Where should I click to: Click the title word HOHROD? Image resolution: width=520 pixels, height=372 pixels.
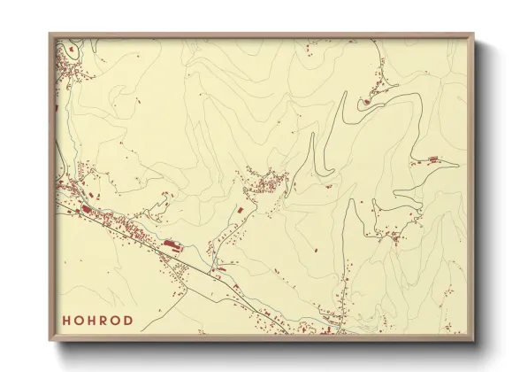97,321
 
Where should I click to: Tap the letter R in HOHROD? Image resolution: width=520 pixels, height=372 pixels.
103,321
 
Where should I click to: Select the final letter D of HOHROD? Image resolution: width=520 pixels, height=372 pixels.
129,321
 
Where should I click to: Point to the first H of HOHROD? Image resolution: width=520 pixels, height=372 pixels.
65,321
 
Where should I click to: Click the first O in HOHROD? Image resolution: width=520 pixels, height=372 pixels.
78,321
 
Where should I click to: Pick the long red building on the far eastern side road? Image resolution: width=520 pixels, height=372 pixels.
433,159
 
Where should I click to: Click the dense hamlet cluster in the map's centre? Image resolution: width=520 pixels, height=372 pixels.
265,184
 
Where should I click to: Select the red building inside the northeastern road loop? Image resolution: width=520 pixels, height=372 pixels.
365,102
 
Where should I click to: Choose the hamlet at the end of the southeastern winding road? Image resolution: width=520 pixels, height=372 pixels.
389,235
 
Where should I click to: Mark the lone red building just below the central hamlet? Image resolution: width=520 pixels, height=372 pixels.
240,210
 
